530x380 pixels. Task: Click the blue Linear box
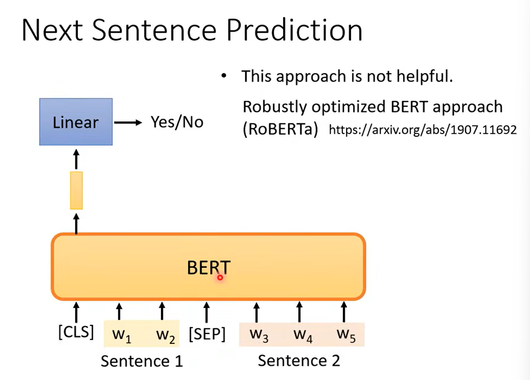(x=76, y=122)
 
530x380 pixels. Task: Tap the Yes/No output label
(x=177, y=122)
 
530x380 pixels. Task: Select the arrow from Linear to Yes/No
(x=128, y=122)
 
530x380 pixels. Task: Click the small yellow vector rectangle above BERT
(x=76, y=191)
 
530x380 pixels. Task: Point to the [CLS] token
(x=76, y=332)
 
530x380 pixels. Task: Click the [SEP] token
(x=207, y=334)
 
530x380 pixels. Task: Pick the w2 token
(x=166, y=335)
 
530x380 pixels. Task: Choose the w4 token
(x=303, y=335)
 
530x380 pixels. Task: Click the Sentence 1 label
(x=142, y=361)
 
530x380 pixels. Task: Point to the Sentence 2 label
(x=299, y=361)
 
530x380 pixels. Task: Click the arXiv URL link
(x=423, y=130)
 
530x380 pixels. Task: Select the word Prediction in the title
(x=295, y=30)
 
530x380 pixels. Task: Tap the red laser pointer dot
(x=220, y=278)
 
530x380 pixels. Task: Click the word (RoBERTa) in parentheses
(x=280, y=129)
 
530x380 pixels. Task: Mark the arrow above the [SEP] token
(x=207, y=312)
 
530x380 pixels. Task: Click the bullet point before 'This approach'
(x=224, y=76)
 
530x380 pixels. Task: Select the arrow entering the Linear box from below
(x=76, y=159)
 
